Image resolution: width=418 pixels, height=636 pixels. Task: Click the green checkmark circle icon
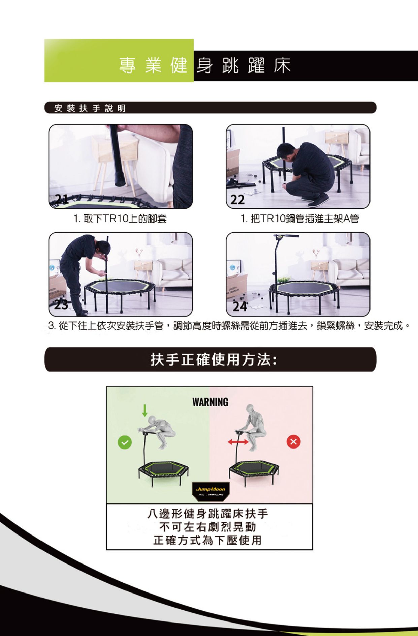(125, 442)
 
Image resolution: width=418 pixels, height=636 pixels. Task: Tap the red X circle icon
(293, 441)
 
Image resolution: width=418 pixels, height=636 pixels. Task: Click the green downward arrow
(144, 410)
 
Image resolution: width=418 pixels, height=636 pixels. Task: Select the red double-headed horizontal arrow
(238, 442)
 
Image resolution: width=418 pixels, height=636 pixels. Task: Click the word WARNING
(210, 402)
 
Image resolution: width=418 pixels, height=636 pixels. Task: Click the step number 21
(62, 199)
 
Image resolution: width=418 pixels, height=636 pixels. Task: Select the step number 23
(61, 305)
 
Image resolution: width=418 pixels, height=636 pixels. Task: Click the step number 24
(239, 306)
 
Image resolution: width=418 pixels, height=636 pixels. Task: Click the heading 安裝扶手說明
(90, 108)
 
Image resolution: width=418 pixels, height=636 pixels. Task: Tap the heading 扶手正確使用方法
(214, 360)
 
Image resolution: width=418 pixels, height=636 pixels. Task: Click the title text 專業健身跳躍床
(204, 65)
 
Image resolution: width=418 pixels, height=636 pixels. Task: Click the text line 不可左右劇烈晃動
(207, 527)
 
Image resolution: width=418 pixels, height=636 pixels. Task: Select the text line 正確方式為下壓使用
(207, 540)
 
